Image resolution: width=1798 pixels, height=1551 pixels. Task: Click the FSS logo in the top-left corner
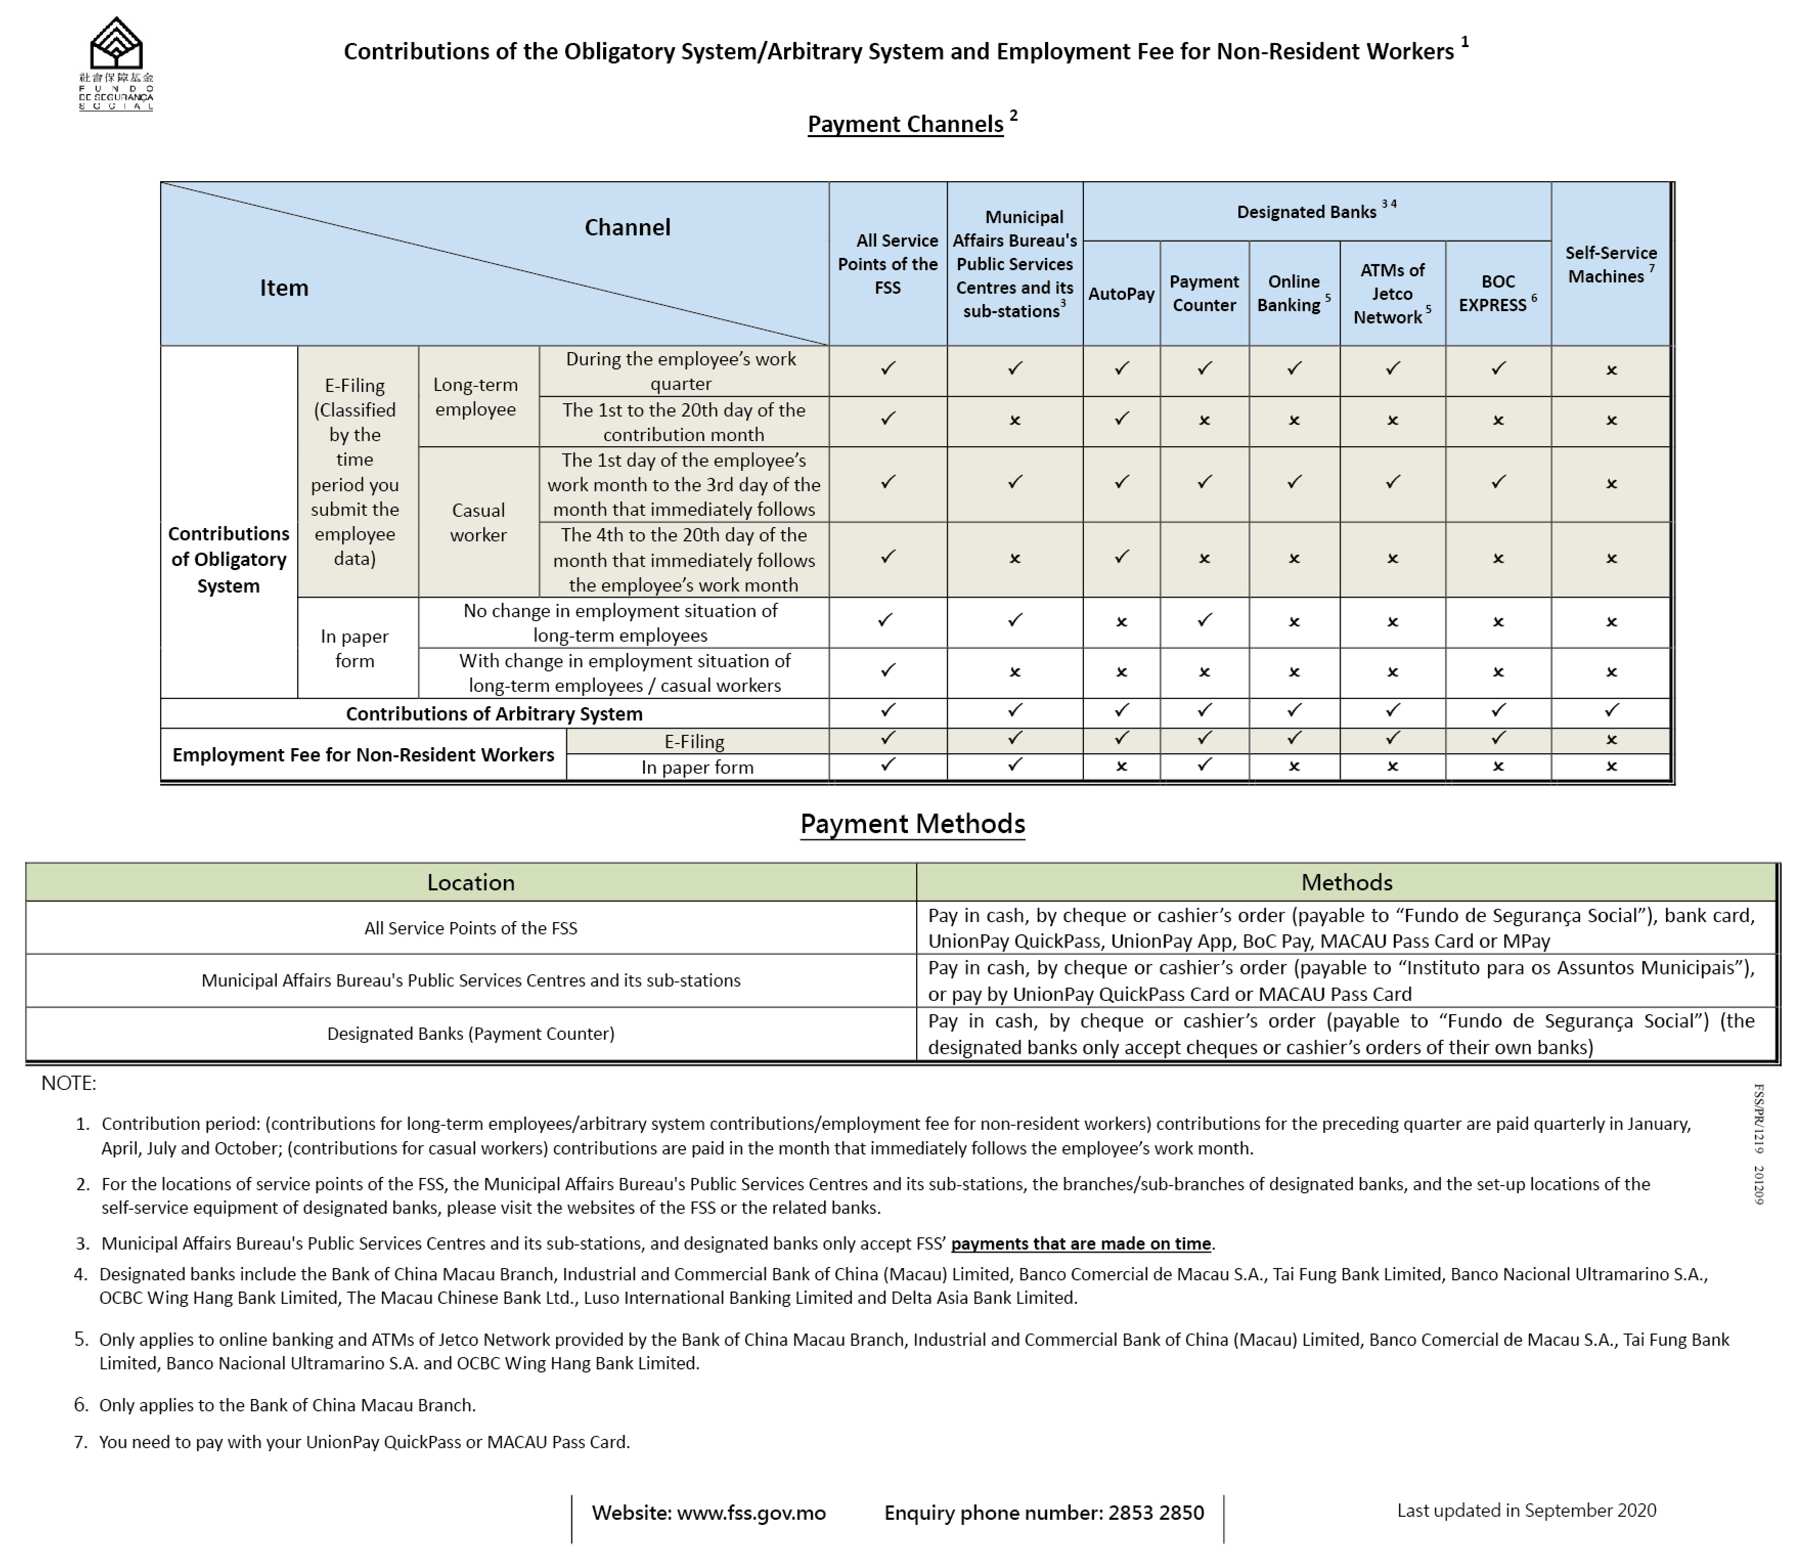[x=116, y=62]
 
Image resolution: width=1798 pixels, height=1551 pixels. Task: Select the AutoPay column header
[x=1121, y=293]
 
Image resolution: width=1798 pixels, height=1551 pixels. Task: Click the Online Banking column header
[x=1293, y=293]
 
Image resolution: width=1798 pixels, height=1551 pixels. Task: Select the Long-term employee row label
[x=476, y=397]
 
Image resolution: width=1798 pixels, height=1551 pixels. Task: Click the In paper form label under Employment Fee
[x=697, y=767]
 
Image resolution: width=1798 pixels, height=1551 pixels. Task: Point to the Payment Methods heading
[x=912, y=824]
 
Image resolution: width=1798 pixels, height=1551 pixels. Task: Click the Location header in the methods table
[x=470, y=883]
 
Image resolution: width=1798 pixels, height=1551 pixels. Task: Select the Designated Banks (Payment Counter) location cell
[x=470, y=1034]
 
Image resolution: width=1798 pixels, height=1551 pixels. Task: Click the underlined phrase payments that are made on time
[x=1080, y=1244]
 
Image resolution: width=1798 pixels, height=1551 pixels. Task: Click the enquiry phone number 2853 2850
[x=1155, y=1513]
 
